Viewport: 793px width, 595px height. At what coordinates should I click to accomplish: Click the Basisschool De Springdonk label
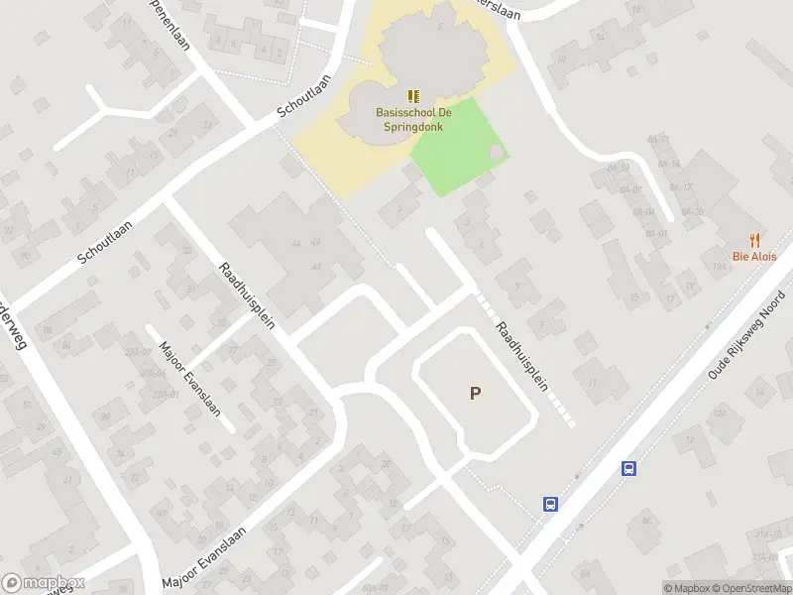[412, 120]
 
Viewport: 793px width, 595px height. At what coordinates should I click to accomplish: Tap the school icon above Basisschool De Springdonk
[413, 96]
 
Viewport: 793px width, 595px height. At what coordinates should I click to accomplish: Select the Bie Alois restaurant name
[754, 256]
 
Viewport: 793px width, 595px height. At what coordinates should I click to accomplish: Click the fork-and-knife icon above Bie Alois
[754, 239]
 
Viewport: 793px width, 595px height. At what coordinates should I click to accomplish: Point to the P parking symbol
[475, 394]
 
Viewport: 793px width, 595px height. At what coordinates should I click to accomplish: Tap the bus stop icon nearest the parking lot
[550, 504]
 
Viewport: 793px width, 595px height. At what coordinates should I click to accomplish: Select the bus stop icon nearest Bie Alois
[628, 469]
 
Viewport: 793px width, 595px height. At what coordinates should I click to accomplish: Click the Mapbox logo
[43, 583]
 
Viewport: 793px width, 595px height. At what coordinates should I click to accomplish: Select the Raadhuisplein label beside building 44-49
[248, 297]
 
